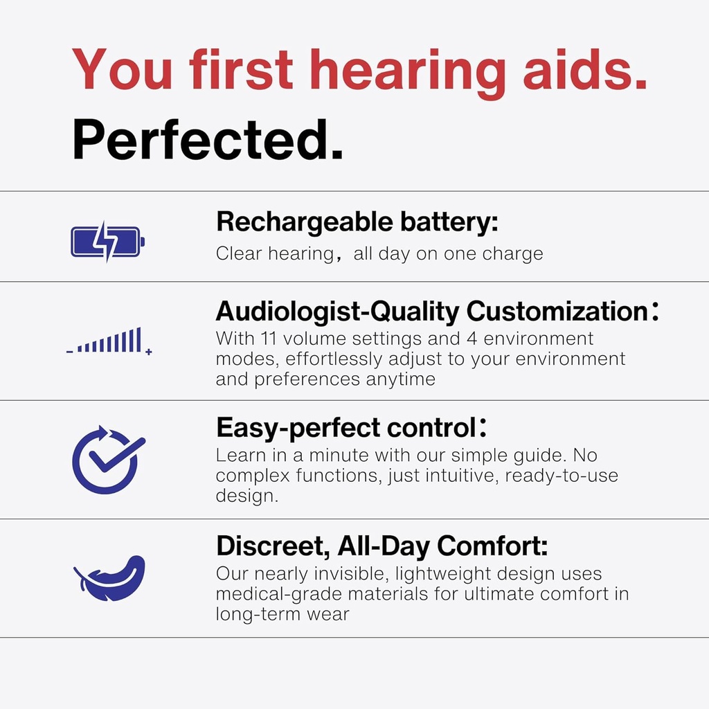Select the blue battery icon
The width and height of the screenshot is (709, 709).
tap(107, 242)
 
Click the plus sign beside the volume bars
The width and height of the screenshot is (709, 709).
tap(149, 352)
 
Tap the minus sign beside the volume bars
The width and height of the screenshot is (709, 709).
tap(69, 352)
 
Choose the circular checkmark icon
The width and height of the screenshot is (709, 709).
tap(107, 458)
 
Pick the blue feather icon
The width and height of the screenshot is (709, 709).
tap(109, 577)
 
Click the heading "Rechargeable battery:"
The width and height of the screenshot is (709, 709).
tap(357, 223)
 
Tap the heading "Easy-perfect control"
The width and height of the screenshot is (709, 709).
tap(346, 428)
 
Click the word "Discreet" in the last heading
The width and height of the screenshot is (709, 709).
tap(272, 546)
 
